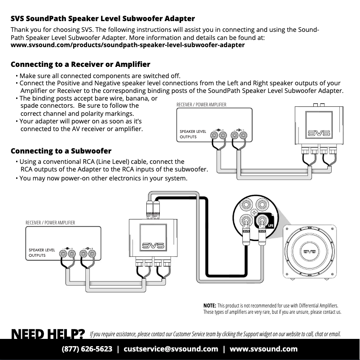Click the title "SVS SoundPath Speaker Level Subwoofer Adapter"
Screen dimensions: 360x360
coord(103,19)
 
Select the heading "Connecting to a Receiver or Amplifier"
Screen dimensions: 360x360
coord(80,65)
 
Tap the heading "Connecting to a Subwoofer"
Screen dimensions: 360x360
coord(61,151)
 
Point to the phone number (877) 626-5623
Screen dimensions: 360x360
coord(87,349)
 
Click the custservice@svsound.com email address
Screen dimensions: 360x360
coord(171,349)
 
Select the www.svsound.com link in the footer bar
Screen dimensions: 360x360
coord(263,349)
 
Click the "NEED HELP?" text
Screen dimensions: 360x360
coord(48,334)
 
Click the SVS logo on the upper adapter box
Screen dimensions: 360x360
coord(319,133)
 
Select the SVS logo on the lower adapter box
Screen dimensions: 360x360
coord(153,246)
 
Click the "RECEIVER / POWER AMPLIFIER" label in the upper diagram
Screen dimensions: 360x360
coord(202,105)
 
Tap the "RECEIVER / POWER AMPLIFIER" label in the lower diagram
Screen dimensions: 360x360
coord(50,223)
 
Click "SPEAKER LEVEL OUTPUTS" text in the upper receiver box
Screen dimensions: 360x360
coord(193,134)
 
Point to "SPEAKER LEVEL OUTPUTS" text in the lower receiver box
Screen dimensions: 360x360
coord(42,253)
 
